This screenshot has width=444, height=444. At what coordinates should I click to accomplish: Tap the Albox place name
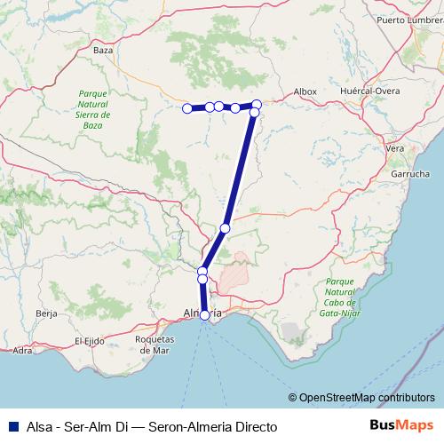click(305, 91)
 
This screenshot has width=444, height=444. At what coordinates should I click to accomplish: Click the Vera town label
click(395, 148)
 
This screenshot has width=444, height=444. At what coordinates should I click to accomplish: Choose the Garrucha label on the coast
click(410, 175)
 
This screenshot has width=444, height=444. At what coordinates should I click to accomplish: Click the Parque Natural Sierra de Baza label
click(93, 109)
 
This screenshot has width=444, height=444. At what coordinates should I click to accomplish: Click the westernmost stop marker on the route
click(187, 108)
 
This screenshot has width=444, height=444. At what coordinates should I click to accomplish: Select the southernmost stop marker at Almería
click(205, 315)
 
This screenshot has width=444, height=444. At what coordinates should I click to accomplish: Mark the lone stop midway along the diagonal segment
click(225, 229)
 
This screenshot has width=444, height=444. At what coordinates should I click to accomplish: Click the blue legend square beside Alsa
click(11, 427)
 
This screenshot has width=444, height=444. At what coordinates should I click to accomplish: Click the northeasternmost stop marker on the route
click(257, 105)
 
